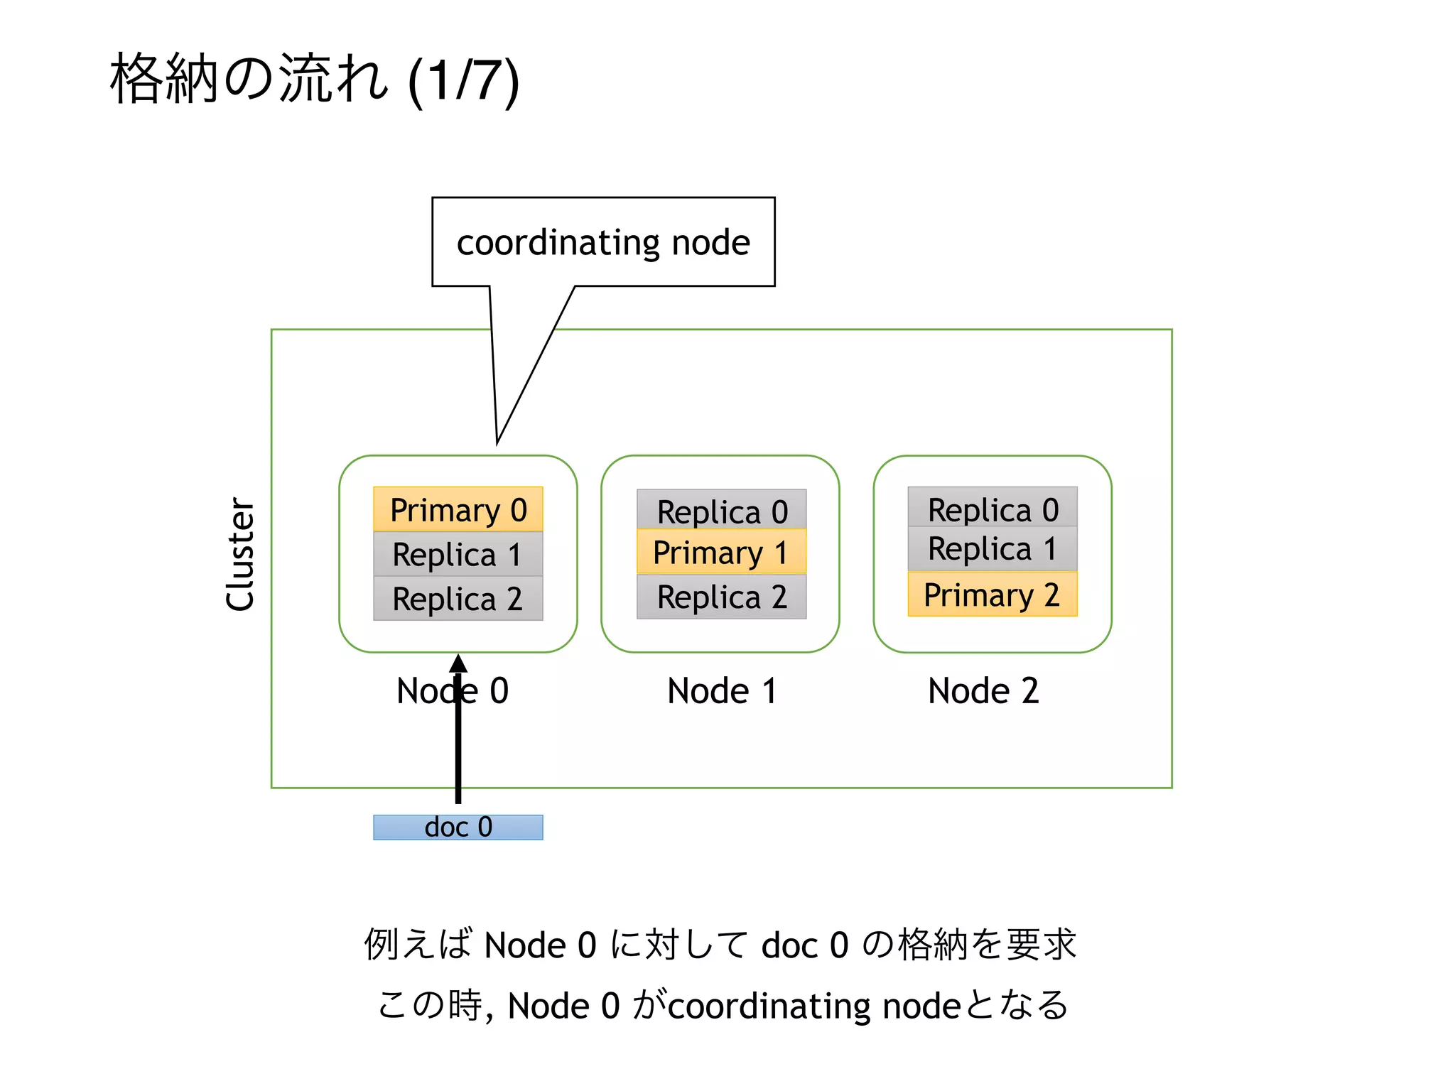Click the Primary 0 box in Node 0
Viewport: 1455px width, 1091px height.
(458, 509)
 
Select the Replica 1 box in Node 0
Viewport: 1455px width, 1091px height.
(458, 554)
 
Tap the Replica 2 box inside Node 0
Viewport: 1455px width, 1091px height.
(458, 598)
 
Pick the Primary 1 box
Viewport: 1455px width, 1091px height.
(722, 552)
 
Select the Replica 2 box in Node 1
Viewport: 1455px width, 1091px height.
(722, 597)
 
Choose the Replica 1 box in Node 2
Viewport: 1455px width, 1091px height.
(992, 548)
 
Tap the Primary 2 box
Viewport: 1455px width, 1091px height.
(992, 594)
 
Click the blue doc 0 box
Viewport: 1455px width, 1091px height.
(458, 827)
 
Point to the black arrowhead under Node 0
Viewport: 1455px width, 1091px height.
(458, 664)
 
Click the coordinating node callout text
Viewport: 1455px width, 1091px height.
(603, 243)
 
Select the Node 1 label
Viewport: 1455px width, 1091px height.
(722, 690)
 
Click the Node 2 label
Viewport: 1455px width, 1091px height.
(983, 690)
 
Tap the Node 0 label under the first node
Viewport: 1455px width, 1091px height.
(453, 690)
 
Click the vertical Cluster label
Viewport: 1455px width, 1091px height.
(240, 554)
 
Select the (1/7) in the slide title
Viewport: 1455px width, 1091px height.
(464, 80)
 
